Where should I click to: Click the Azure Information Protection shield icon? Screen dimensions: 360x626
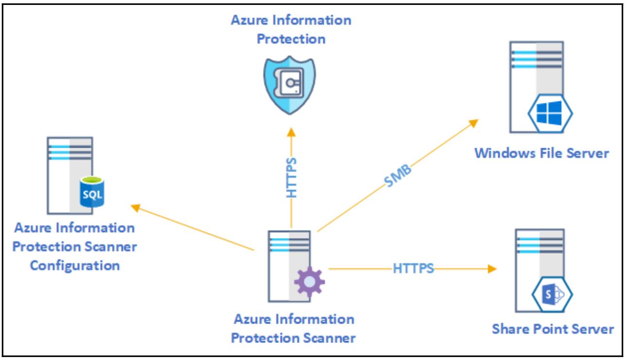tap(290, 86)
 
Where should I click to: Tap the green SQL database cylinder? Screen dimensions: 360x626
tap(92, 194)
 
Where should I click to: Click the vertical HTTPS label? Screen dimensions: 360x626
tap(291, 178)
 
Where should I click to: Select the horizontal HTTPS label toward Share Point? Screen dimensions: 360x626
tap(413, 268)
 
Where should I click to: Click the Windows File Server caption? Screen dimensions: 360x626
tap(541, 154)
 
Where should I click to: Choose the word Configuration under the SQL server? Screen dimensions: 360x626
tap(74, 265)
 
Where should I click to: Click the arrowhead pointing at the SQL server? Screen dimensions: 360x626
tap(136, 207)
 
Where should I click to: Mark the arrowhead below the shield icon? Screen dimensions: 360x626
tap(291, 131)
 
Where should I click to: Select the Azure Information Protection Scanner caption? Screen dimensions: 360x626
tap(294, 329)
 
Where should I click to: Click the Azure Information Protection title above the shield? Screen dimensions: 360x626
tap(291, 29)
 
